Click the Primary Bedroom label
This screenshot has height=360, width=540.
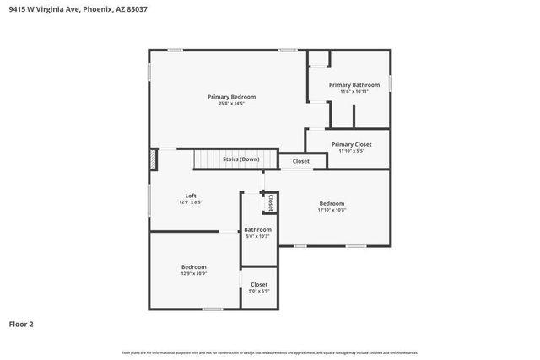point(231,97)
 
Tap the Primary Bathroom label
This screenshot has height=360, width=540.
point(351,85)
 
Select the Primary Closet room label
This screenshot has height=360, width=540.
point(351,144)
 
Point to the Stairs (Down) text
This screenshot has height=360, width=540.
point(240,159)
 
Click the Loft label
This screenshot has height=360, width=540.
point(191,196)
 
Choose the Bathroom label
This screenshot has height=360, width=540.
point(257,229)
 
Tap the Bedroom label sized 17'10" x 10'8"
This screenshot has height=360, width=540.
point(332,203)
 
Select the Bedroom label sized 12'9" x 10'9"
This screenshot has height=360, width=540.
point(193,266)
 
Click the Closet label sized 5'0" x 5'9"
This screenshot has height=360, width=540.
point(259,284)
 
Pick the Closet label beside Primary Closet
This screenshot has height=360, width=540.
point(300,161)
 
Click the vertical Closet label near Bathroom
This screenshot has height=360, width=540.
point(270,203)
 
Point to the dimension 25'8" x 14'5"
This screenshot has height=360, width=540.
point(231,104)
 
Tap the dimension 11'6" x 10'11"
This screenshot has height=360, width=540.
point(350,91)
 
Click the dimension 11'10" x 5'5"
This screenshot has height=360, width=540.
point(351,151)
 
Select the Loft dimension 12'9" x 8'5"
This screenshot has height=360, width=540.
point(191,202)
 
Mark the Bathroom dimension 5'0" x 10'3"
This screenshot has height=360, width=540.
point(257,236)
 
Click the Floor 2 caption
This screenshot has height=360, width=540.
point(21,324)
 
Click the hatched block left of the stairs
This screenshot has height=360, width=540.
point(154,159)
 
